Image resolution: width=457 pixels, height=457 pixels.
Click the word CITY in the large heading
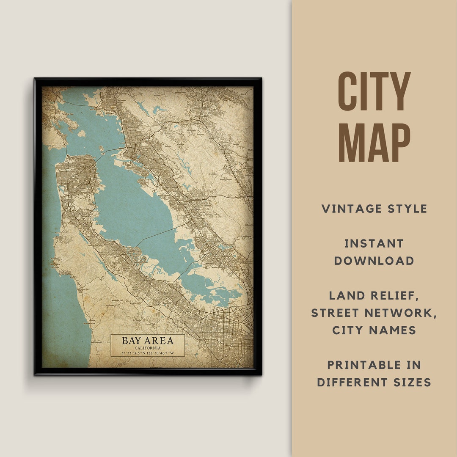tap(374, 91)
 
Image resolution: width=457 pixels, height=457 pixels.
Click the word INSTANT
tap(374, 244)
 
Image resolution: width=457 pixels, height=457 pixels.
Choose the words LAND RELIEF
tap(374, 296)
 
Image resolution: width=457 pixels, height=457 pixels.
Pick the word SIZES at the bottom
tap(409, 383)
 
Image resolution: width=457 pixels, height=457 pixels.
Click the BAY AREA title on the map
tap(148, 341)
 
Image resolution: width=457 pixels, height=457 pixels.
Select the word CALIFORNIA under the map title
tap(148, 348)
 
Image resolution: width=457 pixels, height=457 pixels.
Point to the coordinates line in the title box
tap(148, 353)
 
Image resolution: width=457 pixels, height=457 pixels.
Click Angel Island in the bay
tap(81, 133)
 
